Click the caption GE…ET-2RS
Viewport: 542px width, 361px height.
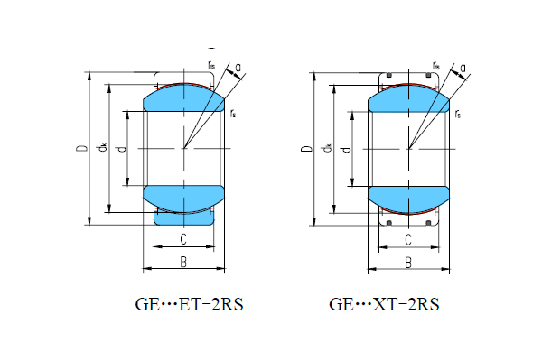189,305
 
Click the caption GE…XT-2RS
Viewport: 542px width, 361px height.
384,305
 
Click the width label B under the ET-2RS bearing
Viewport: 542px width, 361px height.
183,263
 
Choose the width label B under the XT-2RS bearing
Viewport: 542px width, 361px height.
408,263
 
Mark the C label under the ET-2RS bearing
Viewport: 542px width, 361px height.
183,239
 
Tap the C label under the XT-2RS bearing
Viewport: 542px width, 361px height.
408,239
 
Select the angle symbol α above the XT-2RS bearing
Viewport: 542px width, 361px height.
462,67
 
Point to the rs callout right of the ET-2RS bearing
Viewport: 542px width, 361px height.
234,113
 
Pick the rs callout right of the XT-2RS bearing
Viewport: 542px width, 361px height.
459,113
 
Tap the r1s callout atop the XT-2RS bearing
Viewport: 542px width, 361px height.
436,65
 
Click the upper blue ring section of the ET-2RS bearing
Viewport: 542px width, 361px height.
184,97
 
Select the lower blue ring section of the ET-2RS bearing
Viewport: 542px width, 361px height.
184,198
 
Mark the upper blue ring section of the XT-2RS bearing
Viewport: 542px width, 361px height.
409,97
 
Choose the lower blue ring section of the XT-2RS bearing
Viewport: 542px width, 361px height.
409,198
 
